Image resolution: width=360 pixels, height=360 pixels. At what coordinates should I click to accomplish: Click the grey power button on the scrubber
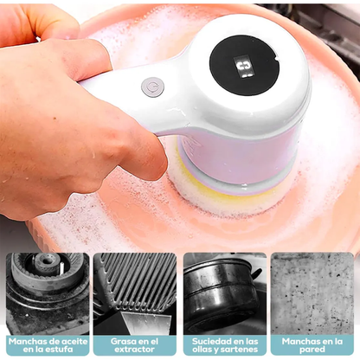pyautogui.click(x=152, y=87)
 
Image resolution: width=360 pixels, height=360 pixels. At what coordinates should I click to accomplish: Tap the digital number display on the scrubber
pyautogui.click(x=243, y=67)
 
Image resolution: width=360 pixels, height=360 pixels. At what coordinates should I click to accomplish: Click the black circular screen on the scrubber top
pyautogui.click(x=244, y=65)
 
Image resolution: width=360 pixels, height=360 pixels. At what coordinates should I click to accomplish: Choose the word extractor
pyautogui.click(x=134, y=350)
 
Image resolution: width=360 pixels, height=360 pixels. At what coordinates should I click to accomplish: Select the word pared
pyautogui.click(x=312, y=350)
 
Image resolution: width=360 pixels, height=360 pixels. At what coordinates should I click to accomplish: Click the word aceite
pyautogui.click(x=74, y=341)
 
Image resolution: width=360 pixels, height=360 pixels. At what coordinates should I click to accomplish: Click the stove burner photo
pyautogui.click(x=48, y=293)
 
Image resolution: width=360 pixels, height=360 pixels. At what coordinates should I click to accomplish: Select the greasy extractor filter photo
pyautogui.click(x=135, y=293)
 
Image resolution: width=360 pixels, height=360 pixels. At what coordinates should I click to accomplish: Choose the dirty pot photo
pyautogui.click(x=225, y=293)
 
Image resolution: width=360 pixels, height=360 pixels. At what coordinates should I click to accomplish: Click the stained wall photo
pyautogui.click(x=312, y=293)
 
